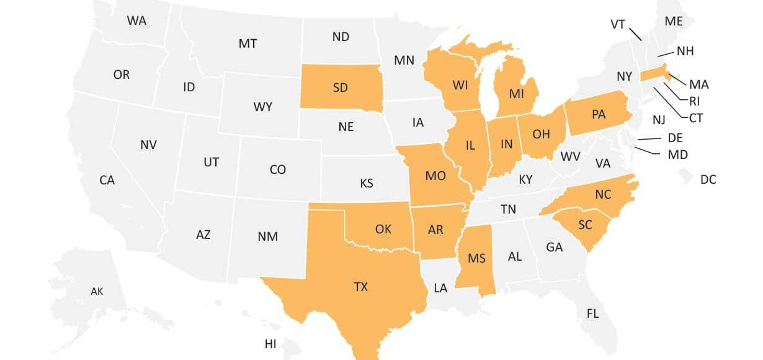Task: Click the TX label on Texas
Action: (x=360, y=287)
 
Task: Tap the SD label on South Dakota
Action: (x=340, y=88)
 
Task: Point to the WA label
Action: (x=136, y=20)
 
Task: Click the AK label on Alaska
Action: (x=97, y=291)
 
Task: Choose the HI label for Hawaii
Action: (x=270, y=344)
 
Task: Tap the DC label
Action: (x=708, y=180)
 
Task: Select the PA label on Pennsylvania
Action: (x=599, y=114)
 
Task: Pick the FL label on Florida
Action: (x=592, y=313)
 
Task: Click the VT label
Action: (x=617, y=24)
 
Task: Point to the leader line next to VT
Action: (x=636, y=34)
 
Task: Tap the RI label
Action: (x=695, y=101)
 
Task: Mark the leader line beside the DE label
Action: (x=649, y=138)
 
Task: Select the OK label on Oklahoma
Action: (x=383, y=229)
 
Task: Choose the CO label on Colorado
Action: (x=277, y=169)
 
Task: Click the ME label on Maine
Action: (x=674, y=21)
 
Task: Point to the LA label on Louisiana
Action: (x=440, y=288)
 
